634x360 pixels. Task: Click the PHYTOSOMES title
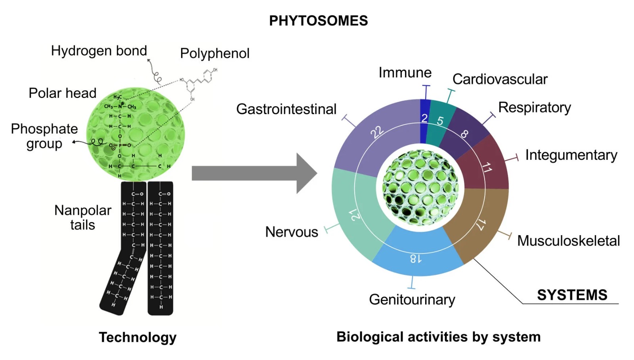pos(318,21)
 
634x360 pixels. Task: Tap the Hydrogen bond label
pos(99,51)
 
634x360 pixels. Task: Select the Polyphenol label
pos(214,53)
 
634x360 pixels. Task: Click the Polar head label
pos(63,93)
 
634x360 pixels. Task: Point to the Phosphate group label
pos(44,136)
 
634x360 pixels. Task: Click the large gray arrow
pos(254,173)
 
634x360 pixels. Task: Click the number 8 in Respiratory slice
pos(464,134)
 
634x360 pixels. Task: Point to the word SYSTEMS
pos(572,295)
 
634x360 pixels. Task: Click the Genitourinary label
pos(412,299)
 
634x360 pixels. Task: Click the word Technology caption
pos(137,337)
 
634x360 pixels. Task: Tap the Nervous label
pos(291,232)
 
